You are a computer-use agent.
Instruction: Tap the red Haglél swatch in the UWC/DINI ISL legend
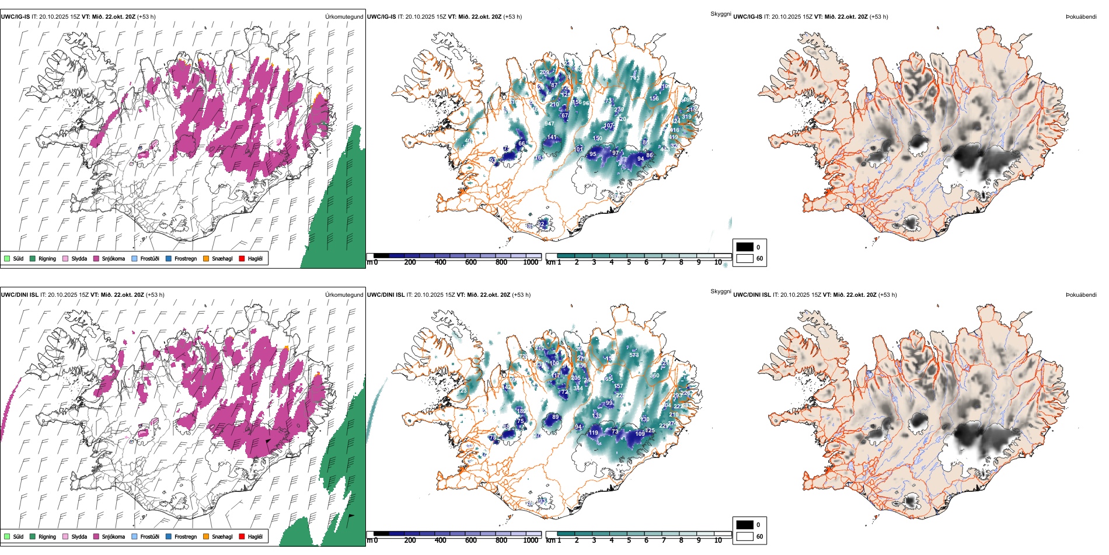point(242,536)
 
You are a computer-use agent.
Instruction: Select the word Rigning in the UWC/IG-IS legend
point(47,258)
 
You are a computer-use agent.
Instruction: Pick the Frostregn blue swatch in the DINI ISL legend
point(169,536)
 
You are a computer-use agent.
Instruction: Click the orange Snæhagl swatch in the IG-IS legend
point(206,258)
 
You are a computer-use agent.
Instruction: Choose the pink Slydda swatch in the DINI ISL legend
point(65,536)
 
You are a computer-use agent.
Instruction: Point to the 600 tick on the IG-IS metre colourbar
point(471,262)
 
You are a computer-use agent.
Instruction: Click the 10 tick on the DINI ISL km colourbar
point(718,540)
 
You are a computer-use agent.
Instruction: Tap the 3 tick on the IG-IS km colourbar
point(594,262)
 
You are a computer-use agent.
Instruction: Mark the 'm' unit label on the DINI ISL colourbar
point(369,540)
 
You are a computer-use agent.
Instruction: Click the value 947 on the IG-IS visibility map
point(549,124)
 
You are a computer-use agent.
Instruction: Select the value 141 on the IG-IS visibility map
point(552,138)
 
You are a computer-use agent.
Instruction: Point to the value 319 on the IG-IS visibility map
point(686,117)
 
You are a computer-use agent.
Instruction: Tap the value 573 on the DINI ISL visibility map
point(634,355)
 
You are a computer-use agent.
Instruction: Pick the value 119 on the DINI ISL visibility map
point(594,433)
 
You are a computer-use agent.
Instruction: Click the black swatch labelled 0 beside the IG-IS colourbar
point(745,247)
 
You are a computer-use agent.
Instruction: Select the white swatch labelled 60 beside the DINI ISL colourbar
point(745,536)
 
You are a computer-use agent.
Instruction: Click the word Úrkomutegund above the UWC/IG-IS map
point(344,17)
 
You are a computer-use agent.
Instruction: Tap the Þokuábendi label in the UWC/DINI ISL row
point(1081,295)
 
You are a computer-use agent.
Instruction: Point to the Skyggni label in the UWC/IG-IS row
point(720,14)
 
